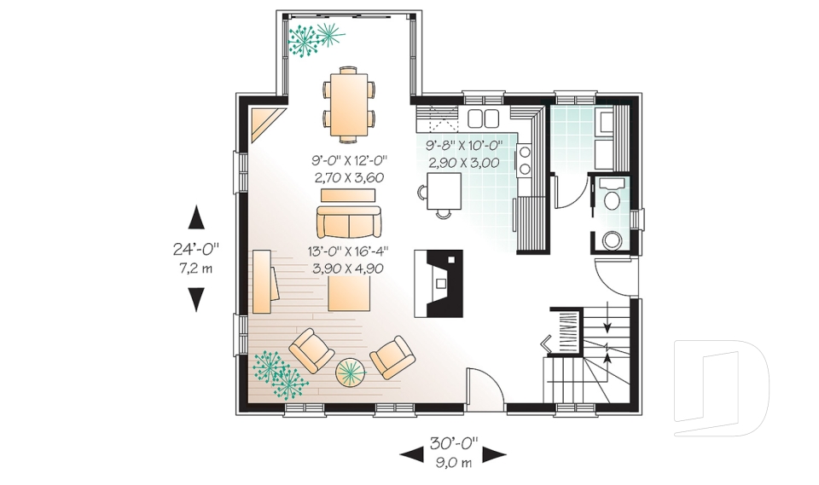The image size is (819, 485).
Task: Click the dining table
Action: pyautogui.click(x=348, y=104)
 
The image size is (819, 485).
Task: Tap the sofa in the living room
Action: pyautogui.click(x=348, y=222)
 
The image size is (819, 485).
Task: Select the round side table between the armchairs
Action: pyautogui.click(x=351, y=372)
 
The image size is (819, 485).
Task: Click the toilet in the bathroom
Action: pyautogui.click(x=610, y=194)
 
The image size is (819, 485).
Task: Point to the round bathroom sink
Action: pyautogui.click(x=611, y=240)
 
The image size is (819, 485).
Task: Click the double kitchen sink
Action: pyautogui.click(x=483, y=118)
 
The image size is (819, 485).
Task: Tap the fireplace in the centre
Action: pyautogui.click(x=439, y=284)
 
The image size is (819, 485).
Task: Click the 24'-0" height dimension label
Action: pyautogui.click(x=196, y=249)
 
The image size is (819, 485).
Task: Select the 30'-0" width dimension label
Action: pyautogui.click(x=454, y=444)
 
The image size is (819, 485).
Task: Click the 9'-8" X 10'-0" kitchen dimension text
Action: pyautogui.click(x=463, y=145)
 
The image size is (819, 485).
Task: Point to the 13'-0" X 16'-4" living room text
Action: pyautogui.click(x=348, y=251)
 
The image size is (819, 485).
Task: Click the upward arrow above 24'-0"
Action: pyautogui.click(x=196, y=217)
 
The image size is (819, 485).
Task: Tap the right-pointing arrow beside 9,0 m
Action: pyautogui.click(x=494, y=454)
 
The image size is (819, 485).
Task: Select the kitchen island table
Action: pyautogui.click(x=444, y=191)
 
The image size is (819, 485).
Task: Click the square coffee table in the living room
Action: pyautogui.click(x=349, y=293)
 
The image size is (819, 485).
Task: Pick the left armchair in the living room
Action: pyautogui.click(x=311, y=350)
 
